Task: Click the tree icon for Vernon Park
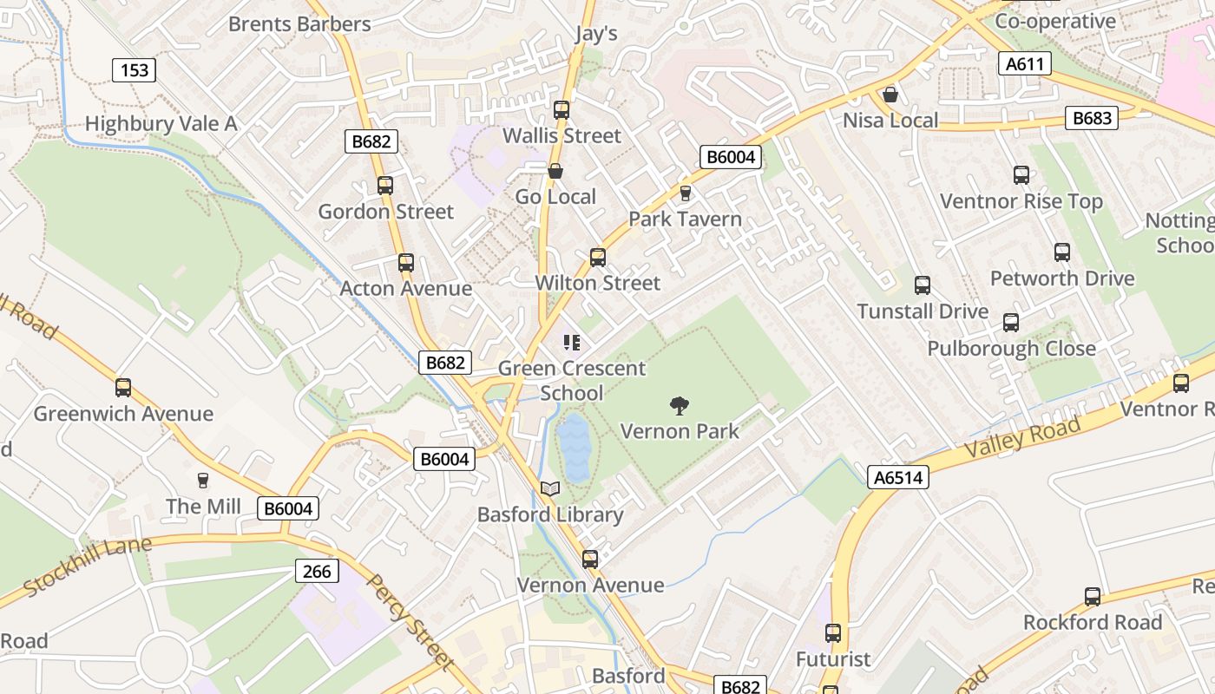(x=680, y=405)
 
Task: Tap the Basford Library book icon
(x=550, y=489)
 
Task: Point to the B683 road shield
(x=1091, y=118)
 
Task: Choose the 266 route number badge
(x=317, y=571)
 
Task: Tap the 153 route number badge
(x=134, y=69)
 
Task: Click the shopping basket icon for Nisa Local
(x=890, y=95)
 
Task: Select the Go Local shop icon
(x=555, y=171)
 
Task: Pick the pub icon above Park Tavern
(x=686, y=193)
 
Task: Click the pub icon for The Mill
(x=203, y=481)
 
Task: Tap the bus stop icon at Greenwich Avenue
(x=123, y=388)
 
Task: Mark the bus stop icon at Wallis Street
(x=562, y=110)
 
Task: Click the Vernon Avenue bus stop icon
(x=590, y=560)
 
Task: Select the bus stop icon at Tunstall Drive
(x=923, y=285)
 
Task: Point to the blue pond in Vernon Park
(x=574, y=447)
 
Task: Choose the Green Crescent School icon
(x=571, y=343)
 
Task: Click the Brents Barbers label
(x=299, y=23)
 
